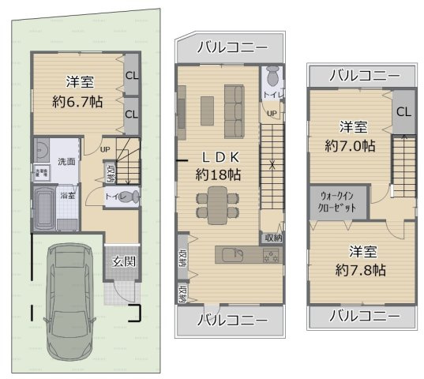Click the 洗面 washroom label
click(66, 162)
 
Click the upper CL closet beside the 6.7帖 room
click(131, 77)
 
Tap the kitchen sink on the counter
click(233, 255)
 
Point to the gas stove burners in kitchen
click(271, 255)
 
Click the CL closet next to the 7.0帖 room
click(403, 111)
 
